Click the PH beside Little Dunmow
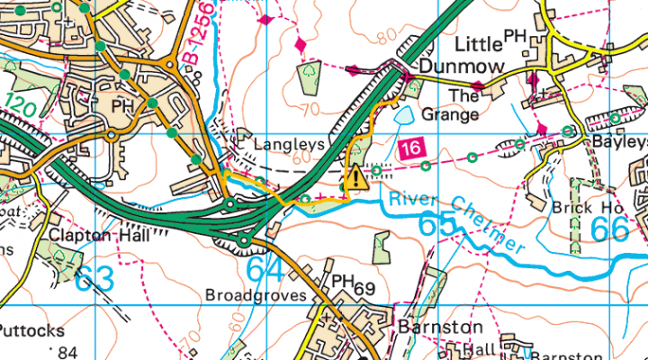click(515, 35)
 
